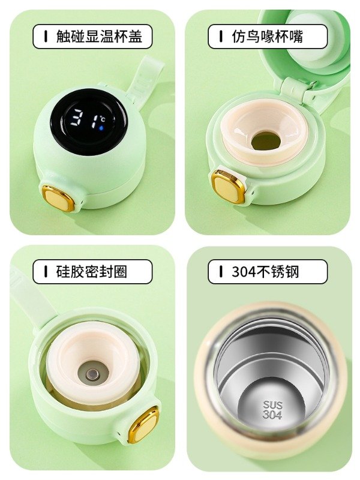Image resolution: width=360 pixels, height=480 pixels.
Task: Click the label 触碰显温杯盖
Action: point(99,37)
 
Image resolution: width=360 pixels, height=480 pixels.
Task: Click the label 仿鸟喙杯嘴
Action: point(267,37)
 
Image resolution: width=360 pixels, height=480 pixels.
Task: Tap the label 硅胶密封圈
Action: point(92,272)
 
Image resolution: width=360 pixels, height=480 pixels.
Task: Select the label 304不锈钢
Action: point(265,272)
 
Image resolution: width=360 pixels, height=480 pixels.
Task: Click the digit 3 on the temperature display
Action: point(76,117)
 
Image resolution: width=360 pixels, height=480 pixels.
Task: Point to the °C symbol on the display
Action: point(103,119)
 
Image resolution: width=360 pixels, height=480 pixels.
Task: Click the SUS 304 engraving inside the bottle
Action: point(272,410)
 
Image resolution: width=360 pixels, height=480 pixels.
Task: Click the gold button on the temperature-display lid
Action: point(58,198)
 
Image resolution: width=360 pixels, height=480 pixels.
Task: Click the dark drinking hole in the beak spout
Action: point(266,141)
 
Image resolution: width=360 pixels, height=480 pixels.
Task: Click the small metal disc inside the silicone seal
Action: point(92,374)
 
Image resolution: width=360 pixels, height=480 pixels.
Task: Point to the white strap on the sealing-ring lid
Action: point(31,298)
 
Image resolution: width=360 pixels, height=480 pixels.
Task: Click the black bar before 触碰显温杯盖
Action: point(46,37)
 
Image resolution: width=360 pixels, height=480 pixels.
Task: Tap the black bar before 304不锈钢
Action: point(221,272)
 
